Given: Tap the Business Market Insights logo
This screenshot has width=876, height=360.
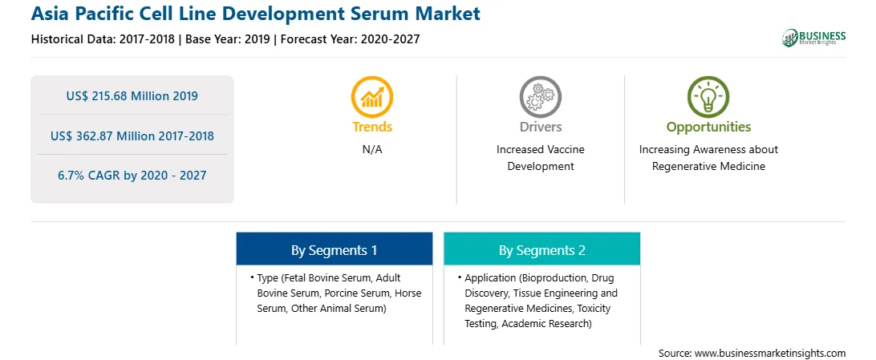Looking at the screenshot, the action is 814,38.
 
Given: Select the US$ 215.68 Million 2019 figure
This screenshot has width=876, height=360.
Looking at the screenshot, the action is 132,95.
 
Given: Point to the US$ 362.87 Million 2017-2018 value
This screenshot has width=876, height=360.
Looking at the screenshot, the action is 132,135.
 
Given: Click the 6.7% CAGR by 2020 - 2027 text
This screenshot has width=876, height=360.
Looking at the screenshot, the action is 132,176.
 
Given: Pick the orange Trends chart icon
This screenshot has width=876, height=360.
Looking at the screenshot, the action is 372,97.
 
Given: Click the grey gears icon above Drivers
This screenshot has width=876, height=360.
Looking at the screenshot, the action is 540,97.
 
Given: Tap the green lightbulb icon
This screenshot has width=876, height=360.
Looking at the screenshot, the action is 708,97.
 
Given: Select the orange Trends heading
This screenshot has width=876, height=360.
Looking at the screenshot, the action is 372,127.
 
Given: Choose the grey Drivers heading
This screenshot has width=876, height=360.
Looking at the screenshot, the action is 540,127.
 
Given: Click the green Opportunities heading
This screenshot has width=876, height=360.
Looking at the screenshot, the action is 708,127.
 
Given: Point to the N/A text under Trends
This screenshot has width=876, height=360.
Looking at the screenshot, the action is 372,150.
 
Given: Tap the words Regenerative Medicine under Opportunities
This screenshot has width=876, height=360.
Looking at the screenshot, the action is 708,166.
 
